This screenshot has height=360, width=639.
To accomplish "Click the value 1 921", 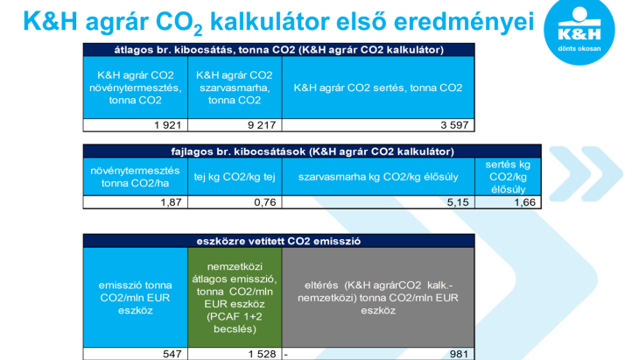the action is coord(167,125).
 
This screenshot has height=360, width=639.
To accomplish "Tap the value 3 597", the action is coord(454,125).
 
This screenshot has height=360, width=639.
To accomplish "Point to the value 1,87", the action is coord(171,202).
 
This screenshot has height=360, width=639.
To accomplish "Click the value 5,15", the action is coord(458,202).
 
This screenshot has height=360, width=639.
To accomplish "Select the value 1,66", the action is coord(525,202).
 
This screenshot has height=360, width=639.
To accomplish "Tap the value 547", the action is coord(172,354).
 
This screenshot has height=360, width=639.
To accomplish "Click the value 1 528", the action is coord(262,354).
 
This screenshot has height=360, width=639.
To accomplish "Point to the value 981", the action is coord(459,354).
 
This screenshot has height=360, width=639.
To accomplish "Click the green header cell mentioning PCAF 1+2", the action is coord(235,298).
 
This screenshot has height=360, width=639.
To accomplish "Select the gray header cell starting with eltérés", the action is coord(378,298).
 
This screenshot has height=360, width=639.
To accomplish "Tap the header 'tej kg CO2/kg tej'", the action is coord(235,177).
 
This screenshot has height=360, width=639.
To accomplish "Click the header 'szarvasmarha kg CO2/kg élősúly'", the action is coord(378,177).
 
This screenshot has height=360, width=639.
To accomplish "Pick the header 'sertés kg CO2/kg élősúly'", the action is coord(508,177).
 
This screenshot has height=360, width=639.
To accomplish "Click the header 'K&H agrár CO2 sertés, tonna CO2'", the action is coord(378,88).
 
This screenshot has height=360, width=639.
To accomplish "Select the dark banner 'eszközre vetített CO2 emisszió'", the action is coord(278,241).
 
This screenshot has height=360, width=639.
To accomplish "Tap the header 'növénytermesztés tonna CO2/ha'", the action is coord(136,177).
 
